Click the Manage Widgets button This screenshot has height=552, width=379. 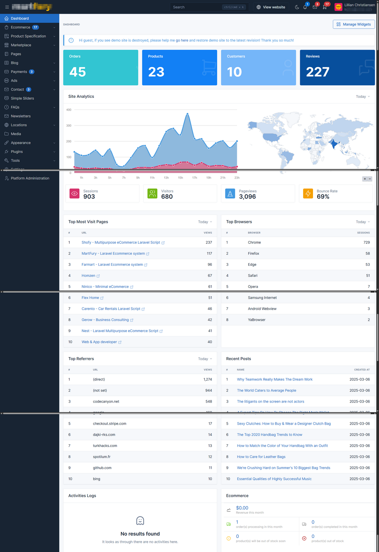354,24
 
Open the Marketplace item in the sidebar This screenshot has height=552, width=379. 21,45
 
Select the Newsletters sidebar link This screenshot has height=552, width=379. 20,116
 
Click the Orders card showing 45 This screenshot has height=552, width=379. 100,67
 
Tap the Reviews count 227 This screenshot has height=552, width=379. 318,72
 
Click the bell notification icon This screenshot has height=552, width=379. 305,7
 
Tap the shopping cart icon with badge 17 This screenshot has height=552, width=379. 325,7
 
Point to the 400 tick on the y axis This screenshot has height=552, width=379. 69,110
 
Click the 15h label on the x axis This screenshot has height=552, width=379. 180,177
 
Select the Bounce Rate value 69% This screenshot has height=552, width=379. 323,196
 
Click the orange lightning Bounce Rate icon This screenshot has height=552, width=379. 308,194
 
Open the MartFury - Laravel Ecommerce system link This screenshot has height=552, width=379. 113,254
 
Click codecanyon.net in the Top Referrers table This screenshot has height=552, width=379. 106,401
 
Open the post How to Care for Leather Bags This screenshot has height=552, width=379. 261,457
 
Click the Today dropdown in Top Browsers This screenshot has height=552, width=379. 363,222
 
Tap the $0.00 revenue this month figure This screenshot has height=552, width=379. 242,508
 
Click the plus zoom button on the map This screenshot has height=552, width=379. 365,179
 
